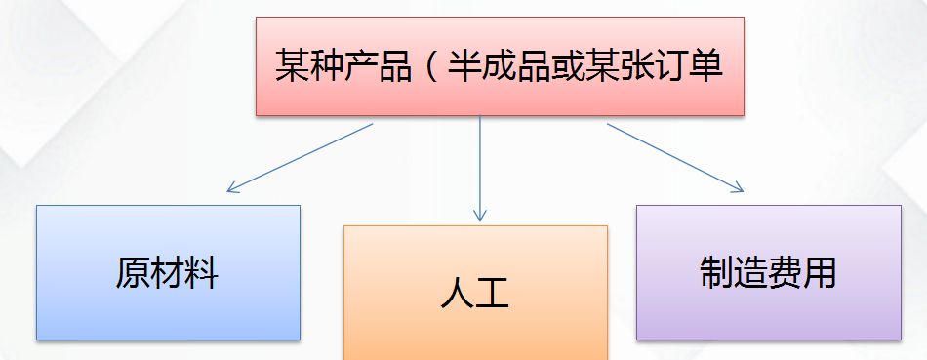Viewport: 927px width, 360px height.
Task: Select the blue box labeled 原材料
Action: pyautogui.click(x=168, y=272)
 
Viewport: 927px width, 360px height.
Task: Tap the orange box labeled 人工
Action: pyautogui.click(x=475, y=293)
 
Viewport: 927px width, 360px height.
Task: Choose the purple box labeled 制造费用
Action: pyautogui.click(x=768, y=272)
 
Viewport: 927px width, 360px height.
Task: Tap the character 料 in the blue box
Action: pyautogui.click(x=202, y=273)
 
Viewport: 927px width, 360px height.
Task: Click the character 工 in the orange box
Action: pyautogui.click(x=493, y=294)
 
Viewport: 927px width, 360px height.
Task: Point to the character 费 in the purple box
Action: pyautogui.click(x=786, y=272)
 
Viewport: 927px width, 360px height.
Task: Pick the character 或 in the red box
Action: pyautogui.click(x=566, y=66)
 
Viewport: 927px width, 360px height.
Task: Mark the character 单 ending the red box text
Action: pyautogui.click(x=705, y=66)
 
